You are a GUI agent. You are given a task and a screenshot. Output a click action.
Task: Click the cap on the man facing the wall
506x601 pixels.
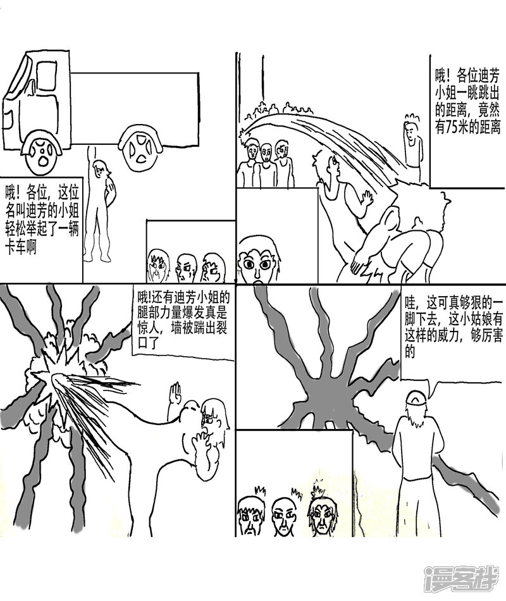(416, 399)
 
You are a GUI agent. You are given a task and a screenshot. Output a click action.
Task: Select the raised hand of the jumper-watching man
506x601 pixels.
(367, 199)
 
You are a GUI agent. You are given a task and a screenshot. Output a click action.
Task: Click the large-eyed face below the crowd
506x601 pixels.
(257, 259)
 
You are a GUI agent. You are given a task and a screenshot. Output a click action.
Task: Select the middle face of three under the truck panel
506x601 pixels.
(185, 268)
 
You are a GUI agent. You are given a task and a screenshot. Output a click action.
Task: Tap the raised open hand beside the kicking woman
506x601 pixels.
(175, 393)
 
